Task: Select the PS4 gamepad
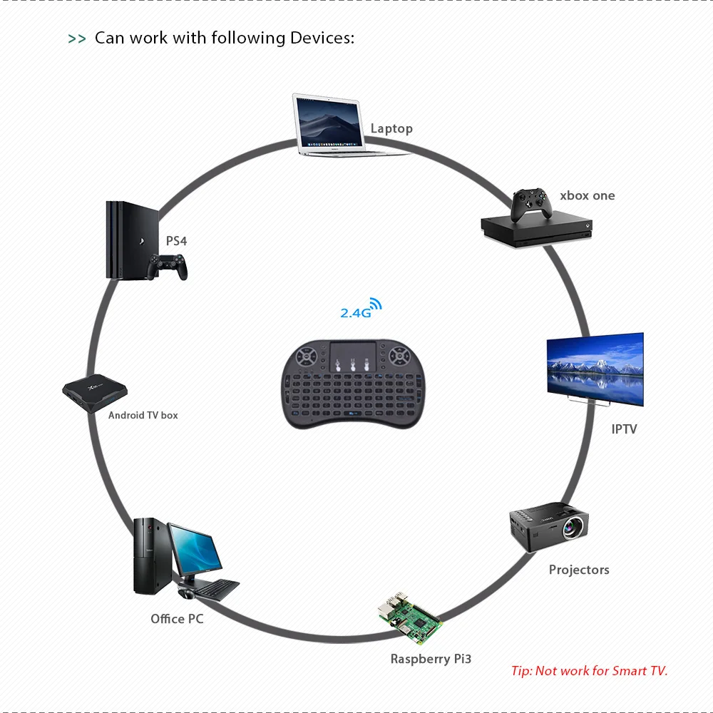pyautogui.click(x=168, y=268)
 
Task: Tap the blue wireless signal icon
pyautogui.click(x=374, y=304)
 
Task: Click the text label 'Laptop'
pyautogui.click(x=391, y=128)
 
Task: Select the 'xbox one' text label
pyautogui.click(x=587, y=195)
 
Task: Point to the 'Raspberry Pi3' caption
pyautogui.click(x=431, y=659)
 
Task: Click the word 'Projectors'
pyautogui.click(x=579, y=570)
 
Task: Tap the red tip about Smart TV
pyautogui.click(x=589, y=671)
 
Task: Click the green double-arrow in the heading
pyautogui.click(x=77, y=39)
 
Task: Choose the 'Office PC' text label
pyautogui.click(x=177, y=619)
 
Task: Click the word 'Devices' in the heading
pyautogui.click(x=322, y=38)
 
